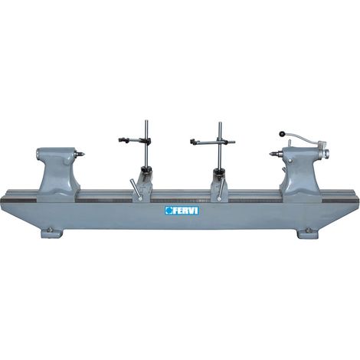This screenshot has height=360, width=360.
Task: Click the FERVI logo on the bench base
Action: click(182, 211)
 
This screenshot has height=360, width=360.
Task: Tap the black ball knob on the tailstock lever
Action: click(282, 133)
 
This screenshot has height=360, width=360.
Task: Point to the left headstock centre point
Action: click(81, 154)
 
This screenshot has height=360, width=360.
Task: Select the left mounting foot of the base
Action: click(52, 232)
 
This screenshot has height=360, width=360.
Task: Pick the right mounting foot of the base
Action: click(308, 232)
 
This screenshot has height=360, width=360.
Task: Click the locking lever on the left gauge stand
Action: click(136, 190)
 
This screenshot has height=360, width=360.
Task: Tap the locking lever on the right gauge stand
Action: click(221, 189)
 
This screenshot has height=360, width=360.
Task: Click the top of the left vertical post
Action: click(146, 121)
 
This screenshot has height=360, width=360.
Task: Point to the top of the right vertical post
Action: click(220, 123)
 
